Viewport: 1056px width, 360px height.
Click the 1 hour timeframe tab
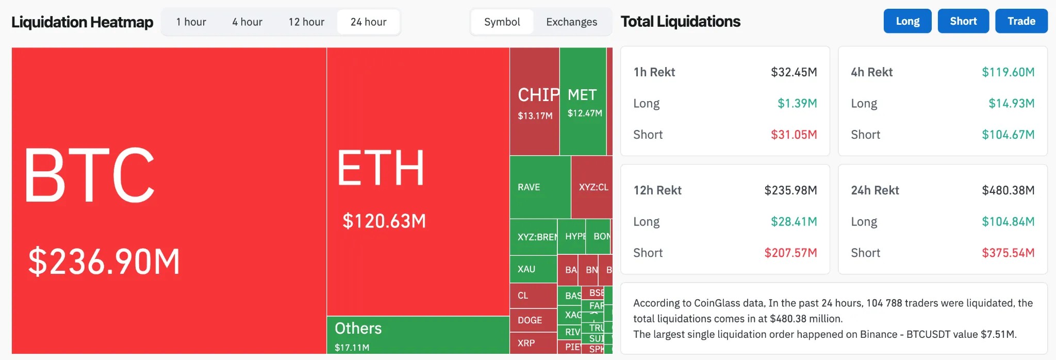click(191, 22)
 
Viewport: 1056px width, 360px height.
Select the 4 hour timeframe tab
click(247, 22)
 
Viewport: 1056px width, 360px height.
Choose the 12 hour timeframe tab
click(306, 22)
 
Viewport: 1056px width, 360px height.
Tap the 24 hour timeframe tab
click(368, 22)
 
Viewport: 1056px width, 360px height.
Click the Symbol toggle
click(502, 22)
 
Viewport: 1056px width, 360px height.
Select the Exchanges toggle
click(571, 22)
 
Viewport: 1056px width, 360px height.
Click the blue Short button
click(963, 21)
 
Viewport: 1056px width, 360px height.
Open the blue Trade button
click(1021, 21)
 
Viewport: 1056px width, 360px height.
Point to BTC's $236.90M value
click(104, 261)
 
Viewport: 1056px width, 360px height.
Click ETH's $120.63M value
click(384, 221)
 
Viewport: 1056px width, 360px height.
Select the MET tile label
click(582, 95)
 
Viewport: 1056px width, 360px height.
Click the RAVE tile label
click(529, 187)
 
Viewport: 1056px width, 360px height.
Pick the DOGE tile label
click(530, 320)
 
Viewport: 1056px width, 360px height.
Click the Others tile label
click(358, 329)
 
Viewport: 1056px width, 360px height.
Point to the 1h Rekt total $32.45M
click(794, 72)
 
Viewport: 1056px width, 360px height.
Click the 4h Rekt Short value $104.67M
click(1008, 135)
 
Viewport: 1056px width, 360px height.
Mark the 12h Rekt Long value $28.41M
click(794, 222)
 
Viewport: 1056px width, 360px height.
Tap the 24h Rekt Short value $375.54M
click(1008, 253)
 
